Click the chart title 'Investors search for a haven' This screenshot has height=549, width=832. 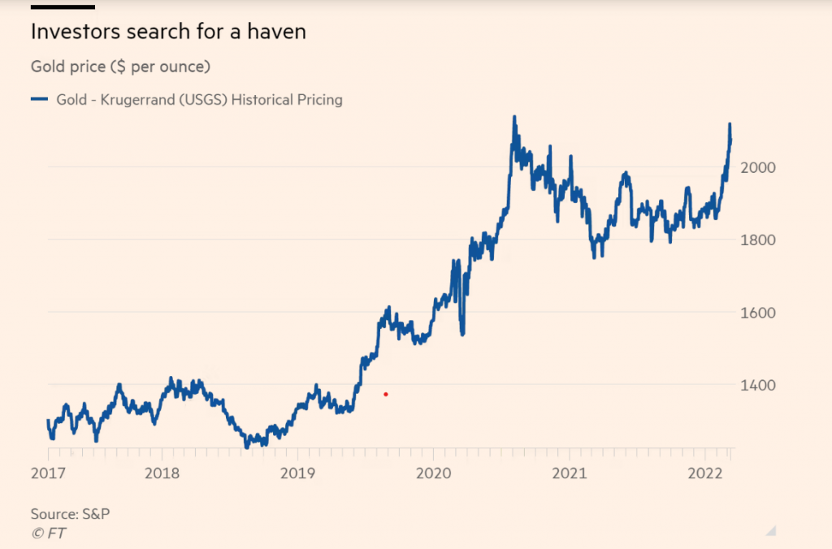(168, 32)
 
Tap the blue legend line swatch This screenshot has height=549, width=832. (40, 100)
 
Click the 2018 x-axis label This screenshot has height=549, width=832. (162, 473)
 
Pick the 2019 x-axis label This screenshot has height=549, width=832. (297, 473)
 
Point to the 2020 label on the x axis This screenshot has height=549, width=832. (432, 473)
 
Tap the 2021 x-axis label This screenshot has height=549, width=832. (568, 473)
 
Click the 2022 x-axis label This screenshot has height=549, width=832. (704, 473)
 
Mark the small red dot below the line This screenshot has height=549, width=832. (386, 395)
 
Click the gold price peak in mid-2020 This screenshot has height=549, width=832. (514, 118)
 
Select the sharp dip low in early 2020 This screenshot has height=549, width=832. (462, 333)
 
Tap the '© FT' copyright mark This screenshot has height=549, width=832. (49, 533)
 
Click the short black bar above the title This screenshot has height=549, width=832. (63, 6)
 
